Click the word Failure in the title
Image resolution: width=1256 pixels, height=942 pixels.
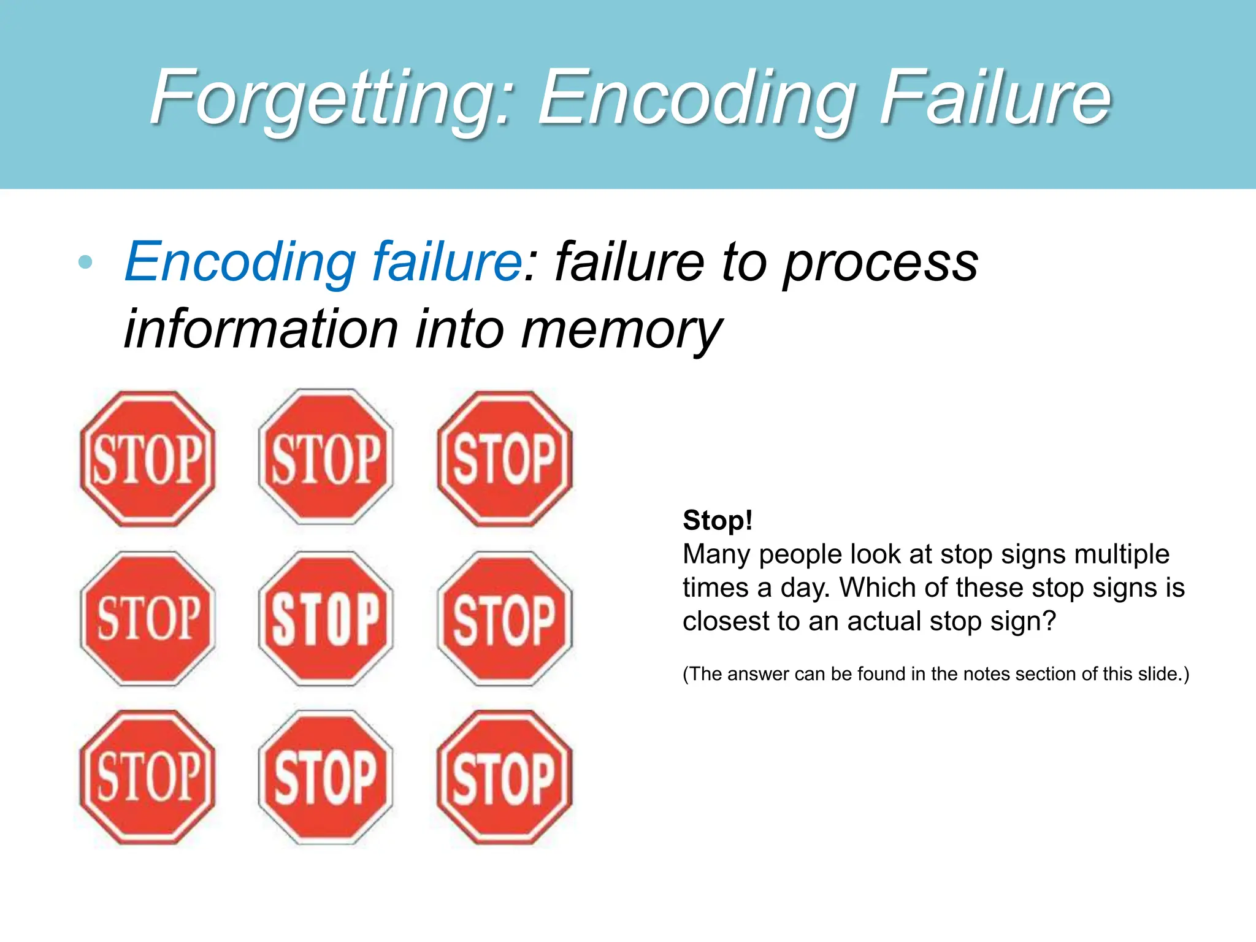click(x=995, y=98)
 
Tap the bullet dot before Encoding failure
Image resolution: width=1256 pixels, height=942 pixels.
click(x=86, y=262)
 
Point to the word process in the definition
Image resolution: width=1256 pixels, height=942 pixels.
click(x=881, y=262)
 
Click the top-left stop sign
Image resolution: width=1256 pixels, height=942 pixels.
click(x=148, y=459)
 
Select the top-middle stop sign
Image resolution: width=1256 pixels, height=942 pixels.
click(x=326, y=458)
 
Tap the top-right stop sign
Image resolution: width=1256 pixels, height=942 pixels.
click(x=505, y=459)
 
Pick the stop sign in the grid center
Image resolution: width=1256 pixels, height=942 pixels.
click(x=326, y=618)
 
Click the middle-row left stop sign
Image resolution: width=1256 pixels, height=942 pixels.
click(x=148, y=618)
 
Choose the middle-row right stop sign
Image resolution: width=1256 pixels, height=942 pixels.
click(x=505, y=618)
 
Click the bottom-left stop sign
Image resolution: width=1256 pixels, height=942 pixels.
click(x=148, y=778)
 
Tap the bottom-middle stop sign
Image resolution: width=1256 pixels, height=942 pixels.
click(x=326, y=778)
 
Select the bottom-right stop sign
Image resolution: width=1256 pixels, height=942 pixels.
click(x=505, y=778)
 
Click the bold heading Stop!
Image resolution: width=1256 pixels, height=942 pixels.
click(x=717, y=521)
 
